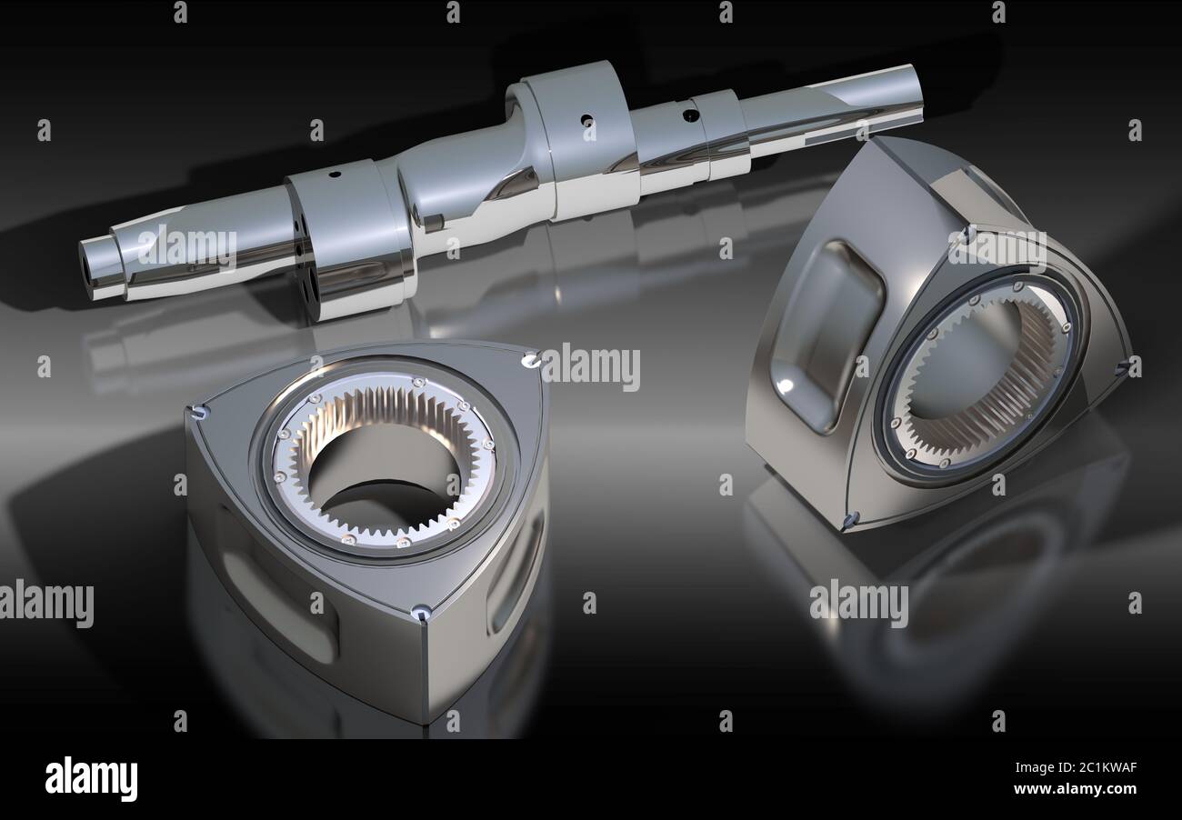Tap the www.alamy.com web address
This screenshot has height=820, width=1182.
coord(1075,789)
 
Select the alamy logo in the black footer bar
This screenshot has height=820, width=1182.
coord(91,779)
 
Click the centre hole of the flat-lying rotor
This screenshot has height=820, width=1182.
coord(382,473)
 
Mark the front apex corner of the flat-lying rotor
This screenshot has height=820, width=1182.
coord(421,615)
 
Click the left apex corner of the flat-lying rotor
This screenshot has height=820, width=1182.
coord(197,414)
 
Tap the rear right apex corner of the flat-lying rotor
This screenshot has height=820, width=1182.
coord(530,361)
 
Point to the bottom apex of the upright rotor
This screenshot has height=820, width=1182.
coord(850,521)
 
